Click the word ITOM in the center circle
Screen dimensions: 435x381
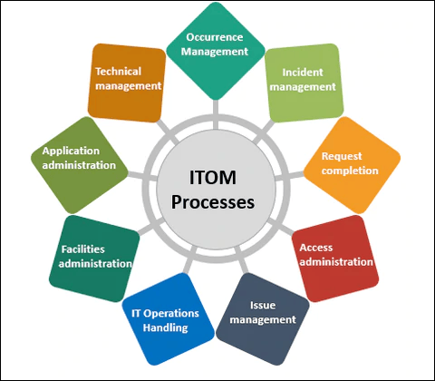click(213, 178)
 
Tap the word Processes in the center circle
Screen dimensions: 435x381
click(213, 202)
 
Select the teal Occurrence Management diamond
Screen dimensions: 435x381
click(216, 51)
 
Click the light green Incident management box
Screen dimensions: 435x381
click(304, 83)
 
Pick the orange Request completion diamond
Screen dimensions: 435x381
click(352, 165)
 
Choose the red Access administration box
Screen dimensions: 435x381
click(335, 259)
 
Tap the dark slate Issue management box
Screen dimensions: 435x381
click(263, 319)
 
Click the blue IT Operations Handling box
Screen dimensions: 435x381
click(169, 319)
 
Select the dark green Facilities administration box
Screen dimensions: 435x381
click(94, 259)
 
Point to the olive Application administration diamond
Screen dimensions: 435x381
click(80, 165)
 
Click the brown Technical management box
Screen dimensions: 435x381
click(127, 83)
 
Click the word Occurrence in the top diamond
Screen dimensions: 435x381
click(215, 37)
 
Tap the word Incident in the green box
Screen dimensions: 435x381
click(303, 73)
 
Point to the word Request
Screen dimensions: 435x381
click(342, 156)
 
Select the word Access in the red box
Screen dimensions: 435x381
click(316, 248)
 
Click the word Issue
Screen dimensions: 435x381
click(263, 305)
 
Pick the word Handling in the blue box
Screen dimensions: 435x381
click(166, 327)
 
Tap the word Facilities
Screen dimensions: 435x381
click(83, 249)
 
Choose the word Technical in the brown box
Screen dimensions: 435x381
click(119, 72)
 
